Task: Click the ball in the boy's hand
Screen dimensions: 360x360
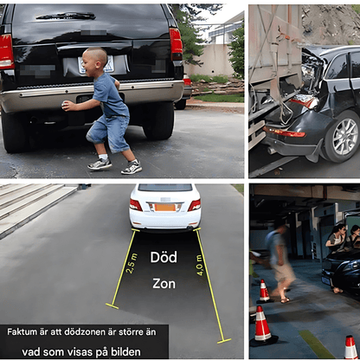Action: click(66, 106)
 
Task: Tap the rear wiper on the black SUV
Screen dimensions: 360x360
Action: click(66, 16)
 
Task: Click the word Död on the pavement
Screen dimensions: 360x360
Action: click(164, 257)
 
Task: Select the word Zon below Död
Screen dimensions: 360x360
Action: click(164, 284)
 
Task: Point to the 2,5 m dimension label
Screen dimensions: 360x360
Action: click(132, 263)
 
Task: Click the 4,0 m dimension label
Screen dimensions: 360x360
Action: click(200, 265)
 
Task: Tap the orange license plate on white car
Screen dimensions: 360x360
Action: click(164, 208)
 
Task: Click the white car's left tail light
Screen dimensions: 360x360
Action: click(136, 205)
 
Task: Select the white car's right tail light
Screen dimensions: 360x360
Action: click(195, 205)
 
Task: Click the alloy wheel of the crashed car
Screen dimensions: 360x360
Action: click(345, 136)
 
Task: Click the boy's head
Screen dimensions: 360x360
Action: click(95, 61)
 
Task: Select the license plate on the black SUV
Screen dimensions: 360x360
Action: click(96, 64)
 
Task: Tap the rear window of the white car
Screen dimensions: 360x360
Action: click(165, 188)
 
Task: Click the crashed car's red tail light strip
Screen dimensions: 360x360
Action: click(286, 132)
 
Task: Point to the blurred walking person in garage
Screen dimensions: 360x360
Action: click(279, 259)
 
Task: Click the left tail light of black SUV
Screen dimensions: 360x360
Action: click(6, 51)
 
